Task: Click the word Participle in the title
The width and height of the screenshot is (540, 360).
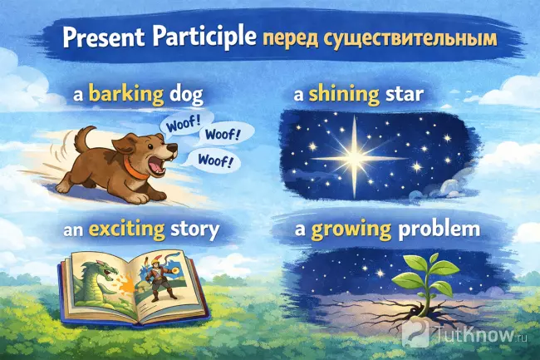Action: (205, 38)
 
